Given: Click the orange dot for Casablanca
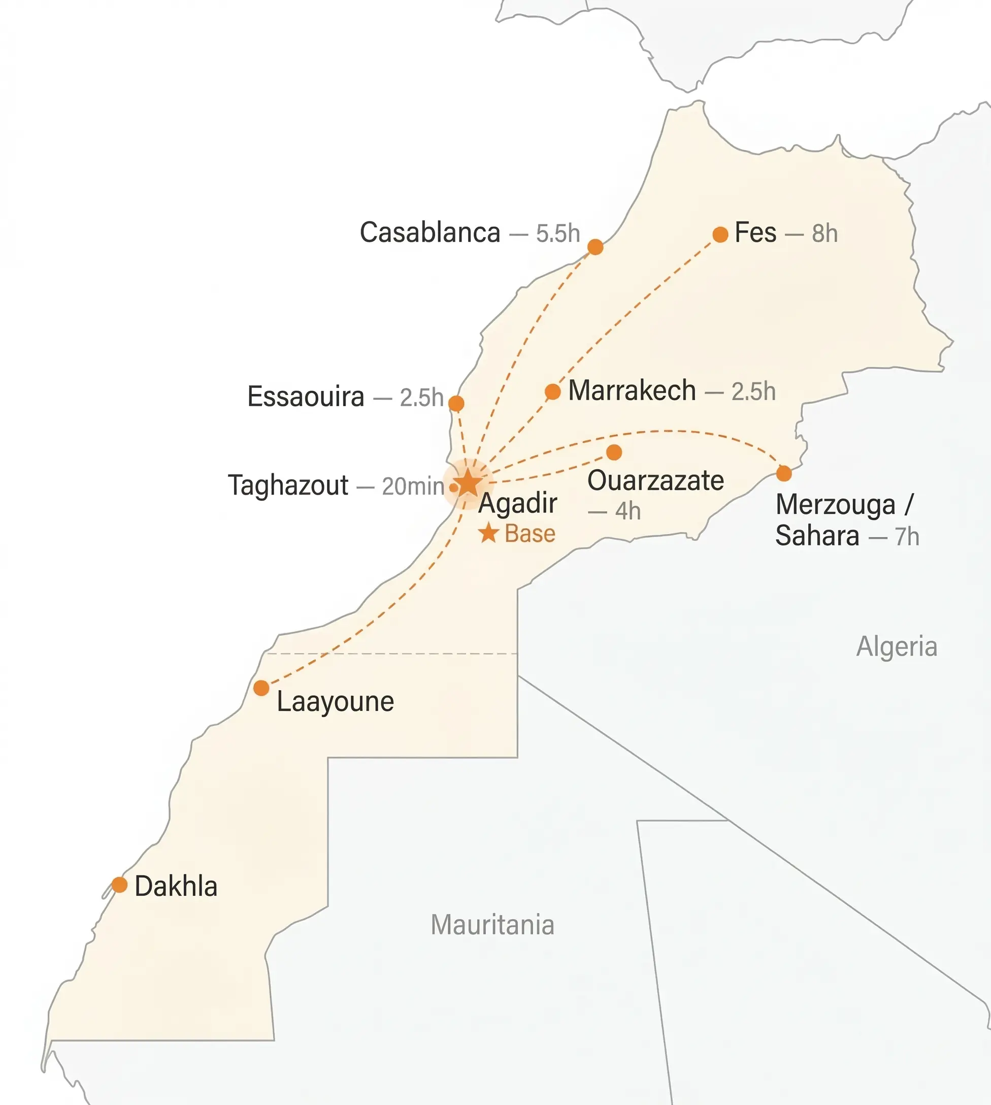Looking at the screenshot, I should pos(595,247).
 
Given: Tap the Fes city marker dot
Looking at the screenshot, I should pos(720,234).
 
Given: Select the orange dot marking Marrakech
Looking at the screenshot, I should pos(552,391).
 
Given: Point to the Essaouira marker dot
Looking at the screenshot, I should pos(456,404).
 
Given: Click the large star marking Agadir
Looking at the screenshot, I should pos(468,483).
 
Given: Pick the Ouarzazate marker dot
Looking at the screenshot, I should pos(614,452).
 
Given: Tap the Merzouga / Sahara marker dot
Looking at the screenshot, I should pos(783,473).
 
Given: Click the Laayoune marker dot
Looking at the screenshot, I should pos(261,688).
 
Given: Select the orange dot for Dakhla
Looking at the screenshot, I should pos(119,885).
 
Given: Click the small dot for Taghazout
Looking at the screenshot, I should pos(453,487).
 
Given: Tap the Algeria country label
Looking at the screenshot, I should pos(896,646).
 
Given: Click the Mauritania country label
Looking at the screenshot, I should pos(492,924).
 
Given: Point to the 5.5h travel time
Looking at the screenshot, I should pos(557,234).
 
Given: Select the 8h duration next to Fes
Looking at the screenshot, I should pos(824,234).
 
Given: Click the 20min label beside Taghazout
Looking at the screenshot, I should pos(413,486).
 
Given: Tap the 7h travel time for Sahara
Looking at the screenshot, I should pos(907,537).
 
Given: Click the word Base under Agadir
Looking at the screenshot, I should pos(530,534).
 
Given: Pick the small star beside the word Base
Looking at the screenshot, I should pos(488,533).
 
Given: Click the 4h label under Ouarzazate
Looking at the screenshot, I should pos(627,511).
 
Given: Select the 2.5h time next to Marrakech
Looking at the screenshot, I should pos(753,392).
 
